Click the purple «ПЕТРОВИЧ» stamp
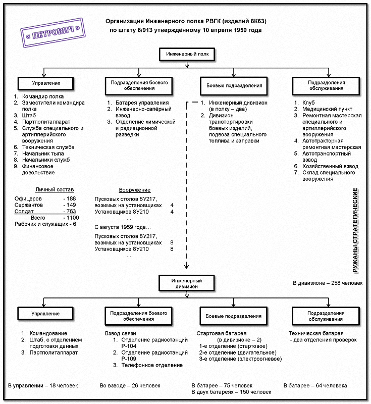[x=53, y=33]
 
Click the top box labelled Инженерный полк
[x=187, y=55]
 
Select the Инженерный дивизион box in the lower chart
[x=187, y=283]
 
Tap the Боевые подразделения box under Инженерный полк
[x=234, y=86]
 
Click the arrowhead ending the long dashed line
[x=186, y=267]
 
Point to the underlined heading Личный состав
[x=55, y=190]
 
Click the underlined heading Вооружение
[x=135, y=190]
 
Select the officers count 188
[x=71, y=198]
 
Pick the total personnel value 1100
[x=73, y=218]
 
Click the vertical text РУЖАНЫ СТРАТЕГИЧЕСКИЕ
[x=355, y=230]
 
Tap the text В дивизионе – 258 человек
[x=328, y=283]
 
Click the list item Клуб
[x=308, y=103]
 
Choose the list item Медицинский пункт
[x=327, y=109]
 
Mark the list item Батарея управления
[x=142, y=103]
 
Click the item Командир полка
[x=43, y=96]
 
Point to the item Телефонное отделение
[x=152, y=365]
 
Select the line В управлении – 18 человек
[x=43, y=386]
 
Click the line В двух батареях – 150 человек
[x=232, y=392]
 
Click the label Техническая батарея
[x=316, y=333]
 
